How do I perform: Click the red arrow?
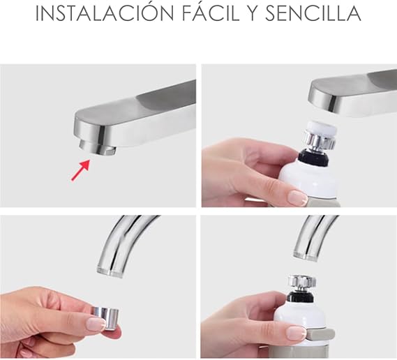point(81,170)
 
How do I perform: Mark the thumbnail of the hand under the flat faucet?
point(297,198)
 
